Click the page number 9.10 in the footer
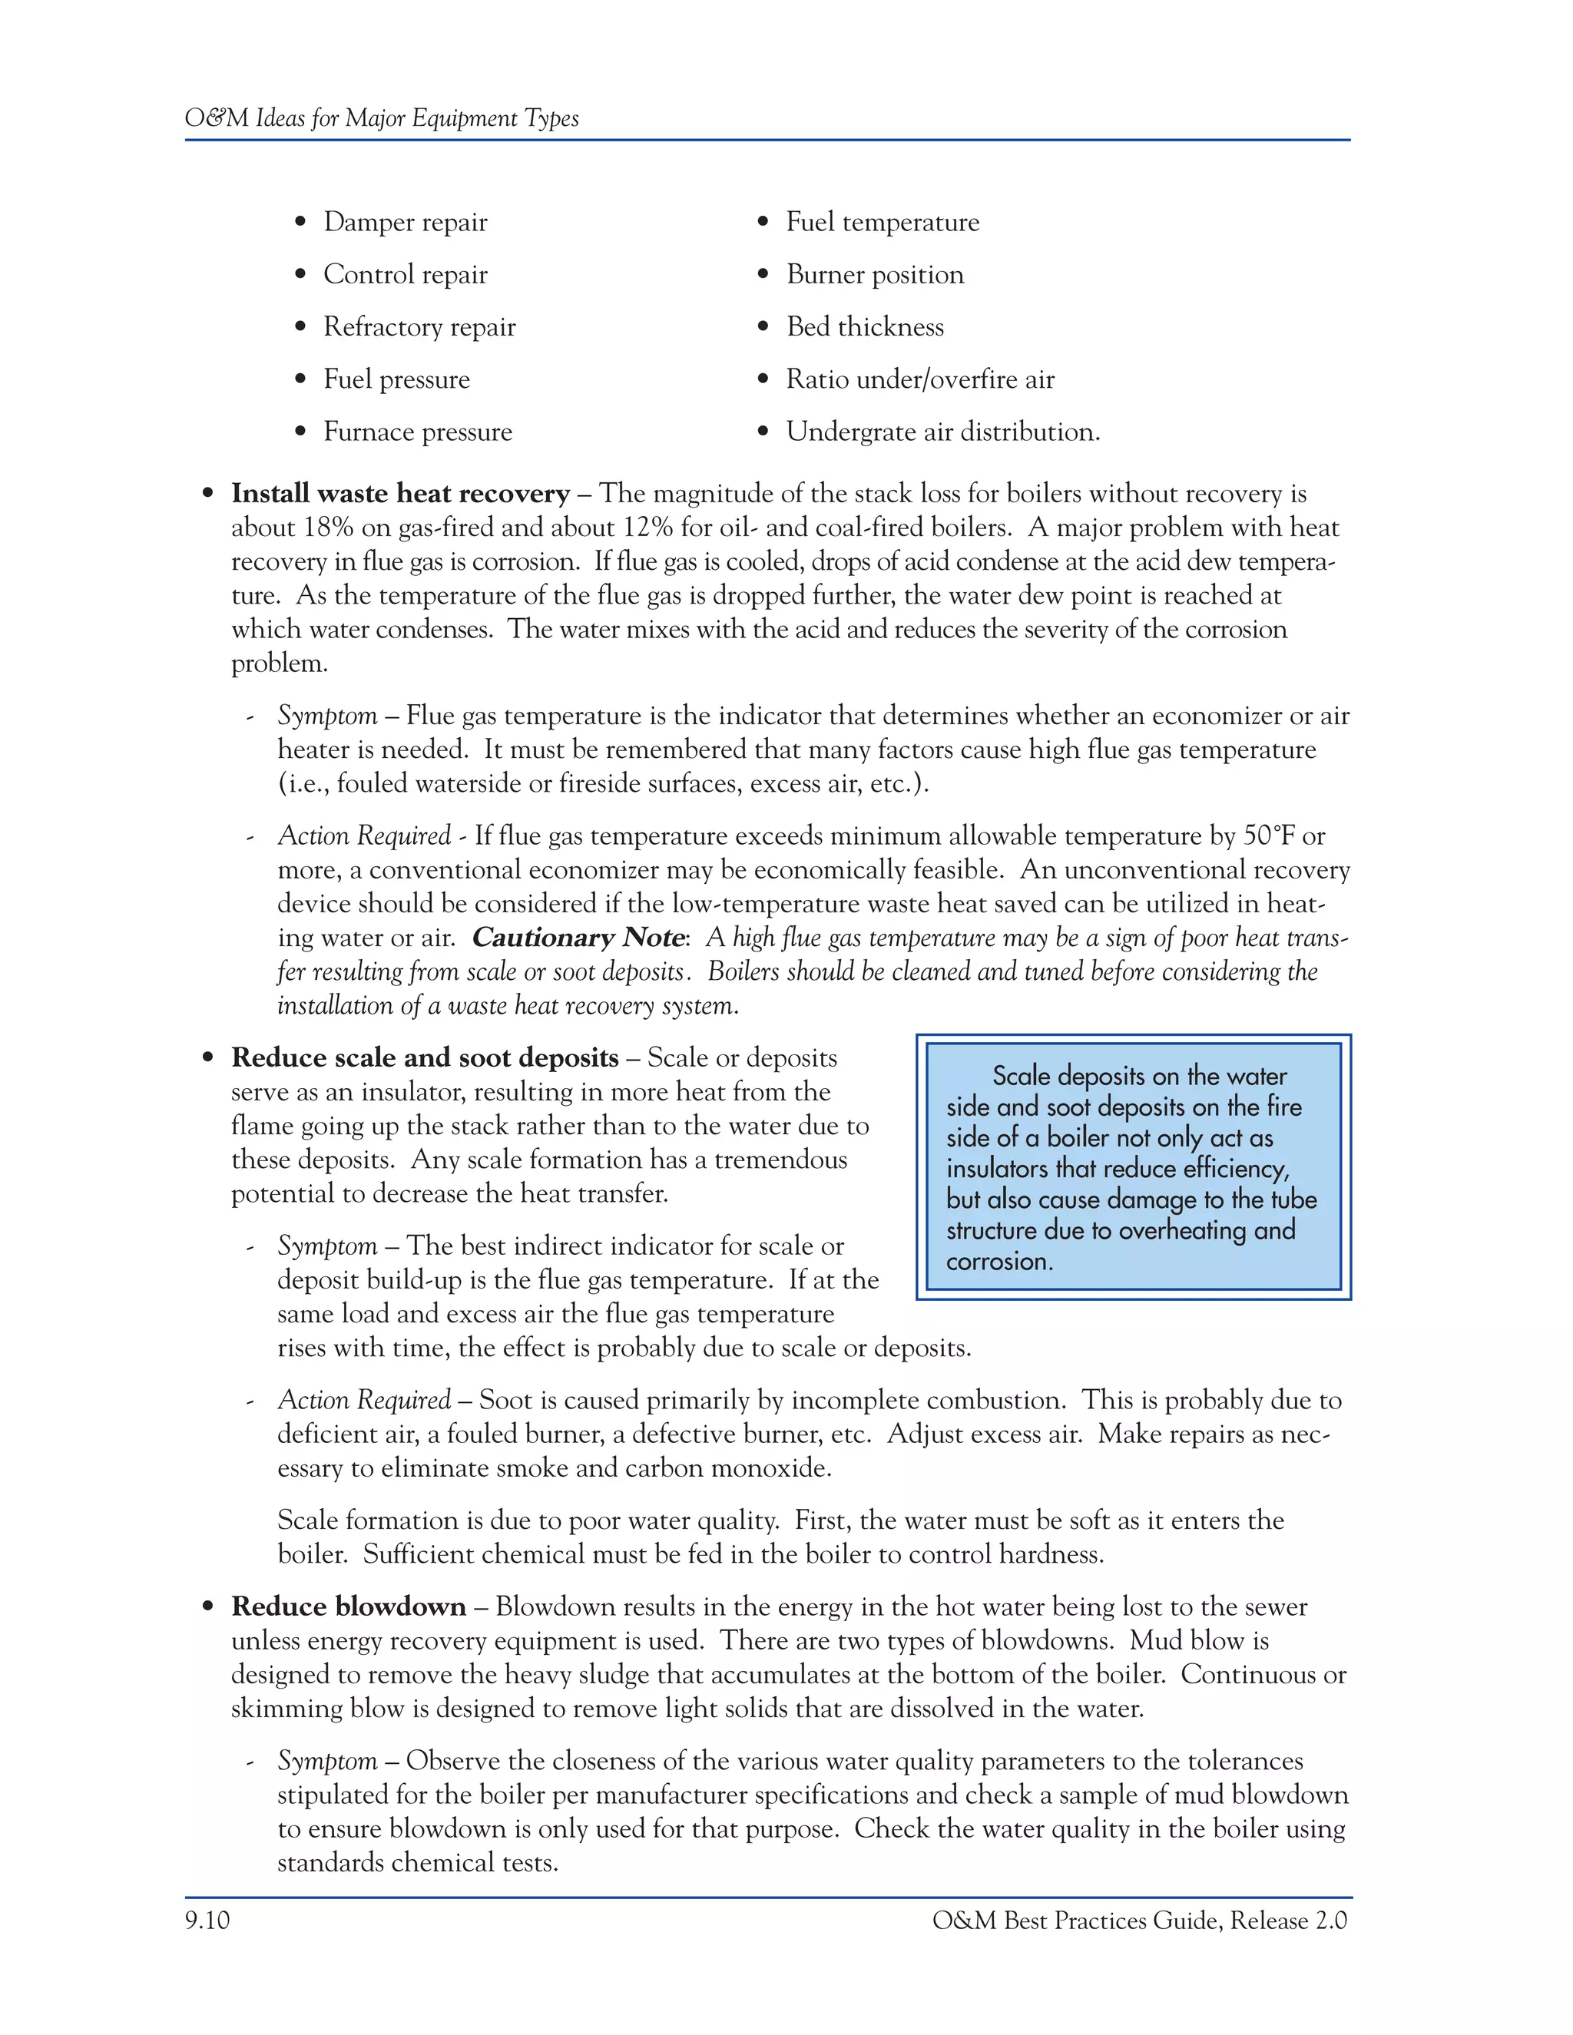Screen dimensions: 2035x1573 (207, 1921)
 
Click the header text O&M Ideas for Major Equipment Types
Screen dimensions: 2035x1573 (381, 118)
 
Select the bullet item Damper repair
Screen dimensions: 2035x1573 (405, 222)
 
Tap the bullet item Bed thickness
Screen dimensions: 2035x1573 (864, 327)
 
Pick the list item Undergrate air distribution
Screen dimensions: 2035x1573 (942, 432)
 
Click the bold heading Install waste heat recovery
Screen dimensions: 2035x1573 (399, 494)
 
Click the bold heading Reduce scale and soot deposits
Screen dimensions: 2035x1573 (424, 1058)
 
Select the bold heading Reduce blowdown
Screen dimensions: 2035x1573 (348, 1607)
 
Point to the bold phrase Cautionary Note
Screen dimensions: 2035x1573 (578, 938)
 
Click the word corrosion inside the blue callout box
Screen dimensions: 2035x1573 (999, 1262)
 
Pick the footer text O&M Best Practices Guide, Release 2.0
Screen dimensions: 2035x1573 (1139, 1921)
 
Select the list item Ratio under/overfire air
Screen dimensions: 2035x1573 (919, 379)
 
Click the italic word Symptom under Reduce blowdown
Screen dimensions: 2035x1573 (326, 1761)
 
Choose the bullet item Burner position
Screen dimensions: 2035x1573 (874, 275)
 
